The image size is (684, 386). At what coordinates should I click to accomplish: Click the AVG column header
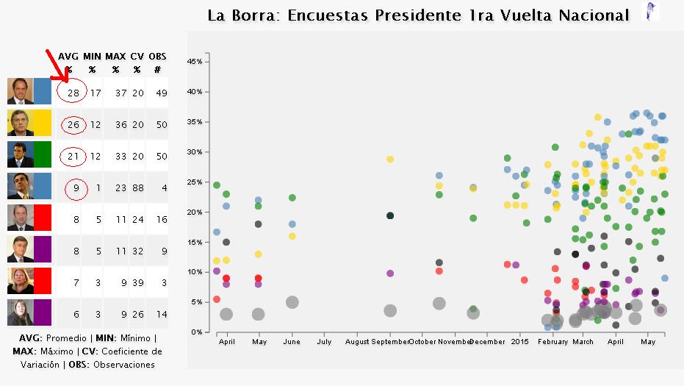coord(68,56)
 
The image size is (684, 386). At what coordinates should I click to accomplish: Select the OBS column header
coord(157,56)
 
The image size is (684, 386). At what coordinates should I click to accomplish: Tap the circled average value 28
coord(73,93)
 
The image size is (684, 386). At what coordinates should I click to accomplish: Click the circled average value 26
coord(73,124)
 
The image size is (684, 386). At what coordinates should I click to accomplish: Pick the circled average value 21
coord(73,156)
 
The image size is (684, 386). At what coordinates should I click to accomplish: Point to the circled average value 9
coord(76,188)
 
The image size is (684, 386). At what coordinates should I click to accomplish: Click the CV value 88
coord(137,188)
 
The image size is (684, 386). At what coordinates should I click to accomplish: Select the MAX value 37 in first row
coord(115,93)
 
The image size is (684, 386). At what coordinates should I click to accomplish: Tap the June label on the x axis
coord(292,342)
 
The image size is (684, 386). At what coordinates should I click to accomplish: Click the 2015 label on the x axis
coord(520,342)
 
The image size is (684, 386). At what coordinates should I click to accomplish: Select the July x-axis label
coord(324,342)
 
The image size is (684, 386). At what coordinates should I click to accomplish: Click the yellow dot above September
coord(390,159)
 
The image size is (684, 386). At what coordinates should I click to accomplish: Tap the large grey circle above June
coord(292,302)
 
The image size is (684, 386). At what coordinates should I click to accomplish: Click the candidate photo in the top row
coord(21,91)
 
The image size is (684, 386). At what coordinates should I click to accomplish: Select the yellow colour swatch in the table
coord(43,123)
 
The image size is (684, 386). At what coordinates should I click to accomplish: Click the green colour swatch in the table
coord(43,154)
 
